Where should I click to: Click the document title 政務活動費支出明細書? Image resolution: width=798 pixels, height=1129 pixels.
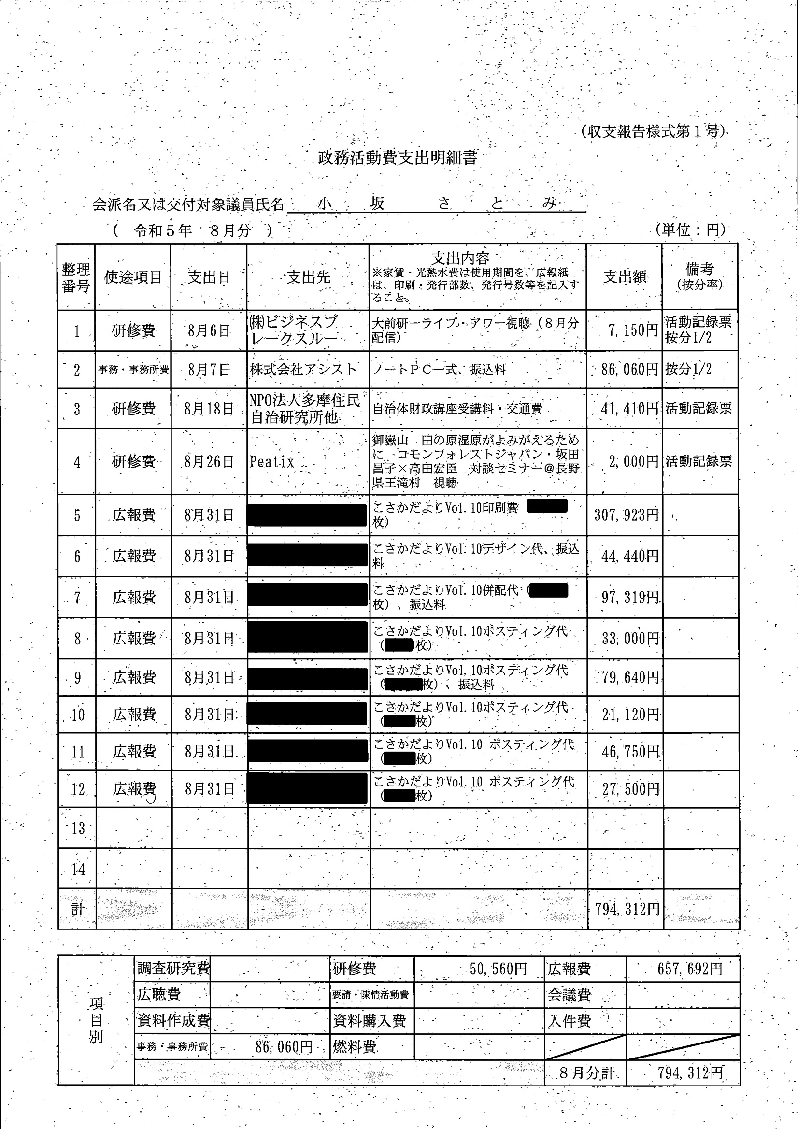click(x=398, y=158)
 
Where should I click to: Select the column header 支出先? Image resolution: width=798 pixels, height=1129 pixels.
click(x=308, y=277)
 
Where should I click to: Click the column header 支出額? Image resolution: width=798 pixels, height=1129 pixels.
click(x=625, y=277)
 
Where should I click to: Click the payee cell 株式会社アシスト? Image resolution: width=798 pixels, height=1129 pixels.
click(x=303, y=370)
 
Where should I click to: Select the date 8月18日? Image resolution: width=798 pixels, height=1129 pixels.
click(x=209, y=409)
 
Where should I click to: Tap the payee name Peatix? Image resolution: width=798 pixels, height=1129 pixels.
click(x=271, y=462)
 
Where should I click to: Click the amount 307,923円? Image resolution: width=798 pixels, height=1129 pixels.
click(x=626, y=515)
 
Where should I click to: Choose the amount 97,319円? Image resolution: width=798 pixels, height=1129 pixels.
click(x=630, y=598)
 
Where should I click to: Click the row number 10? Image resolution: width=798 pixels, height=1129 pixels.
click(x=78, y=715)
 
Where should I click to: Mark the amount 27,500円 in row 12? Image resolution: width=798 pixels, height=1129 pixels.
click(x=630, y=789)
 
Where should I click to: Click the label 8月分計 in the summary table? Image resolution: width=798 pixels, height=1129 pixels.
click(x=586, y=1073)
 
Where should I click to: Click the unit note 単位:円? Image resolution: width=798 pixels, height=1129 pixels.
click(x=690, y=229)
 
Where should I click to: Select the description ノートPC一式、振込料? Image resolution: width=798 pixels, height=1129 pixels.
click(x=439, y=370)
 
